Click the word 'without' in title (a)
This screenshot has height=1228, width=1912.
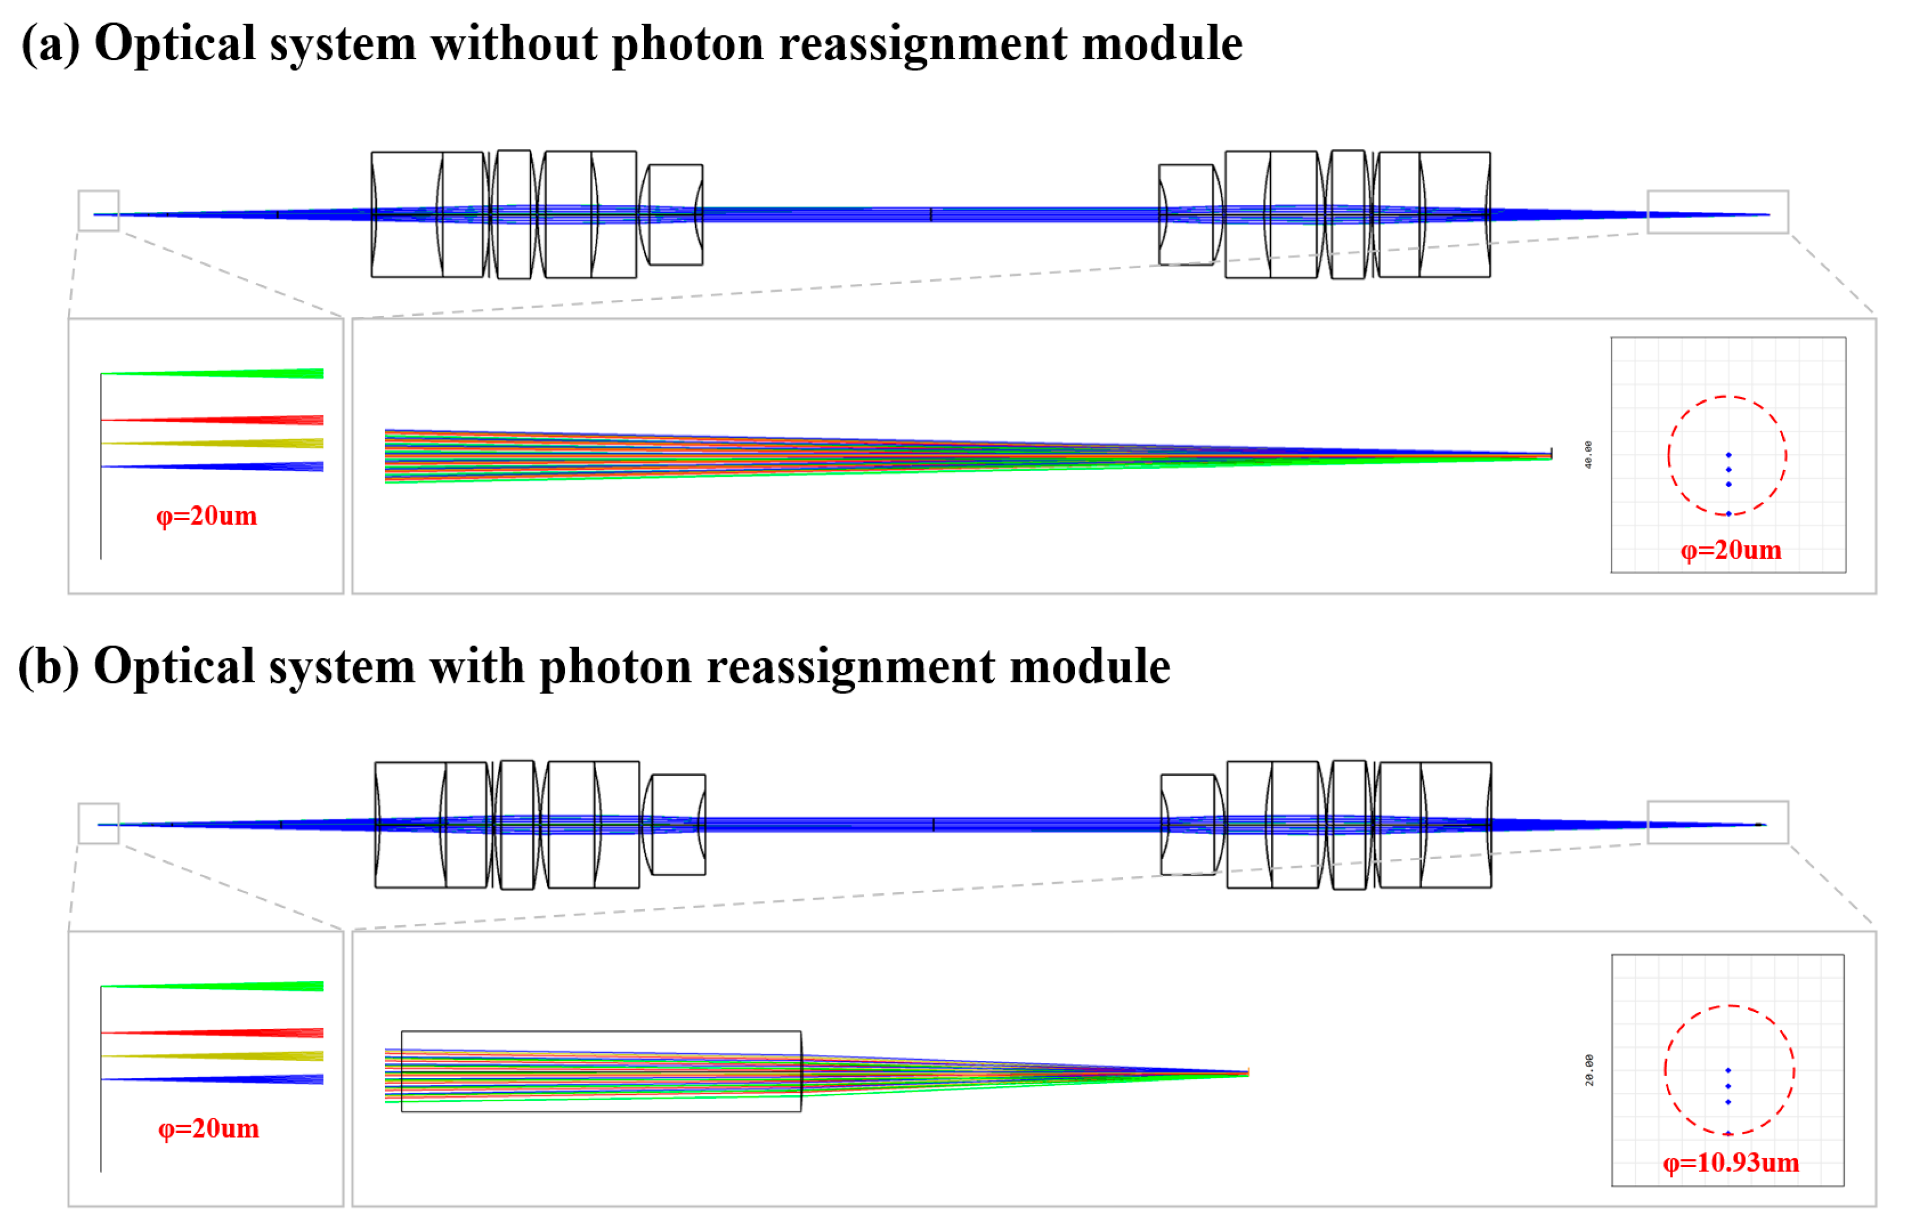pyautogui.click(x=514, y=43)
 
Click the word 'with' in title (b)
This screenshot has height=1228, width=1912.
pyautogui.click(x=476, y=666)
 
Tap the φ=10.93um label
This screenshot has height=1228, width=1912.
pyautogui.click(x=1730, y=1162)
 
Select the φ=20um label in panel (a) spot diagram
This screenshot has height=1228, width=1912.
pyautogui.click(x=1730, y=550)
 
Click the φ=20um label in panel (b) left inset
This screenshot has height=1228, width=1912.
pyautogui.click(x=208, y=1128)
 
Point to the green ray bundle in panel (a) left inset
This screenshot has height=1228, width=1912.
pyautogui.click(x=239, y=373)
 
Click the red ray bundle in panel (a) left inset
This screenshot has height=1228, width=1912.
pyautogui.click(x=239, y=419)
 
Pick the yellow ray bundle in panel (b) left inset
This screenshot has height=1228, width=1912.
pyautogui.click(x=239, y=1056)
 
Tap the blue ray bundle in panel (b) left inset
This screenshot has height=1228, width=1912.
pyautogui.click(x=239, y=1079)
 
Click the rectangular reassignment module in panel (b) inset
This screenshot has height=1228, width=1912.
pyautogui.click(x=601, y=1037)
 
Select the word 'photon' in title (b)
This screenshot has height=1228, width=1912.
pyautogui.click(x=615, y=666)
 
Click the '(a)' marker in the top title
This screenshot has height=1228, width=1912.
pyautogui.click(x=50, y=43)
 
